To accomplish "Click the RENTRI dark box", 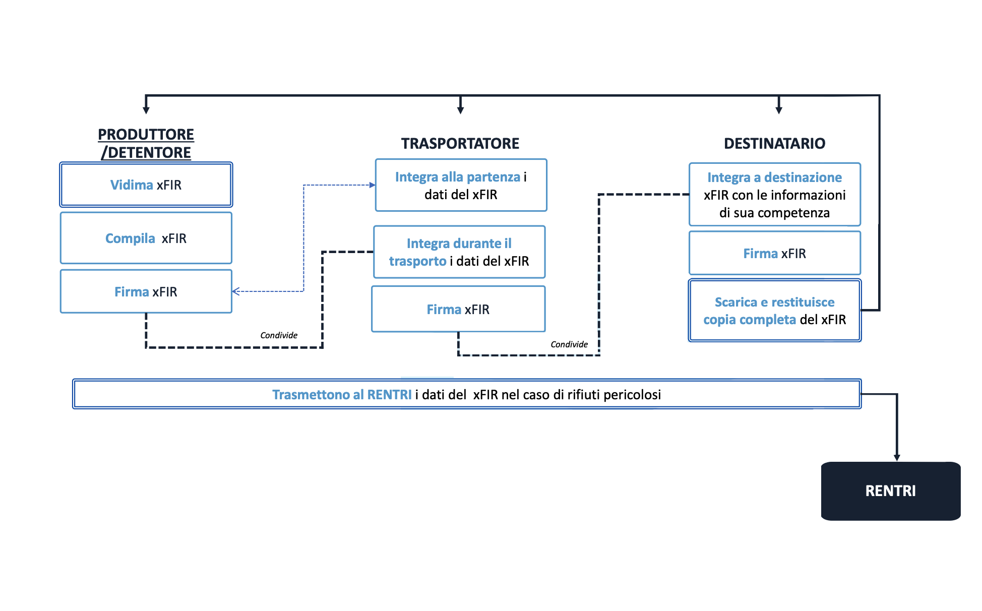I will (890, 491).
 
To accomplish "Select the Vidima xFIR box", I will (146, 185).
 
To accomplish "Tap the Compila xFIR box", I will (146, 238).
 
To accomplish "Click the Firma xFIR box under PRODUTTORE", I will (146, 292).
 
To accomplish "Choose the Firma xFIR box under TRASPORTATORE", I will (458, 310).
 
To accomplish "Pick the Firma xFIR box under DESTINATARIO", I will (774, 254).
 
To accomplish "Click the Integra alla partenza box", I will (461, 186).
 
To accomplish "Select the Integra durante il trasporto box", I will (459, 252).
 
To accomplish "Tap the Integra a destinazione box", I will (774, 195).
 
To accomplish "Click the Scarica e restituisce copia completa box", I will (774, 311).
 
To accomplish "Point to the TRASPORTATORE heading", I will (460, 144).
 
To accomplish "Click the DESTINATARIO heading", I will (774, 144).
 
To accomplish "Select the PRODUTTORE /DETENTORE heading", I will (146, 144).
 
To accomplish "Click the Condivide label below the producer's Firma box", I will (279, 335).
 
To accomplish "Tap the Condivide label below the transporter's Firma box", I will (569, 344).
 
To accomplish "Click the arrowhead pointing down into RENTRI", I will (897, 457).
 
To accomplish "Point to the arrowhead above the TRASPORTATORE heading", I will (460, 110).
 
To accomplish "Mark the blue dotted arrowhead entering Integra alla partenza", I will (373, 185).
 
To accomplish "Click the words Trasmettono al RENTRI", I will (342, 395).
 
